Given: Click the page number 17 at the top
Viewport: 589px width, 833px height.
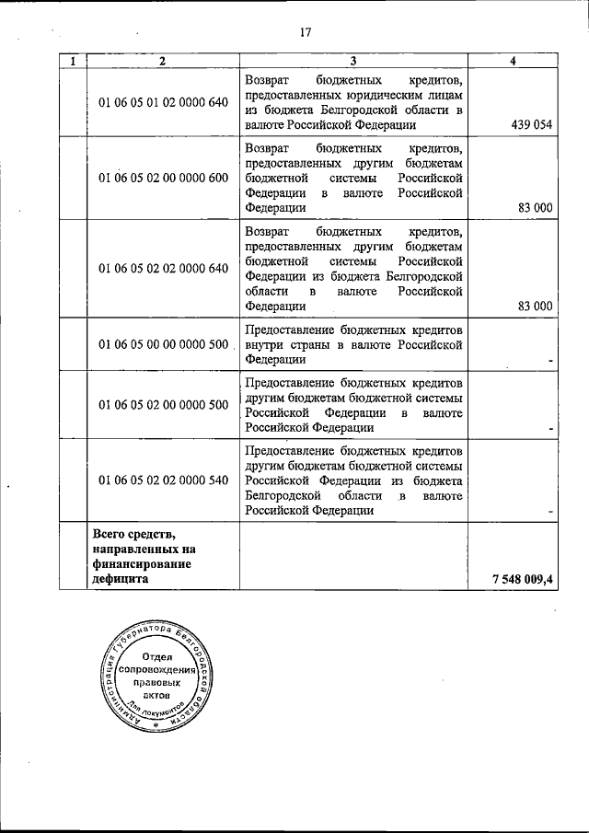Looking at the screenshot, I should tap(306, 34).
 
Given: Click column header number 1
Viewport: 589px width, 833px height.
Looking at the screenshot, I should tap(73, 62).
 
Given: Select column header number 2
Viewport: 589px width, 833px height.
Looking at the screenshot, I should tap(162, 62).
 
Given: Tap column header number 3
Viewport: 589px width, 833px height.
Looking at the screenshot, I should tap(353, 62).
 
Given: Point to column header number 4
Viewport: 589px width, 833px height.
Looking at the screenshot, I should tap(513, 62).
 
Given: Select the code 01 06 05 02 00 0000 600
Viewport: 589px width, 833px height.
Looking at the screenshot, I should tap(163, 178).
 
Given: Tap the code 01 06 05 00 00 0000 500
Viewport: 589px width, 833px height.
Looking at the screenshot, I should tap(163, 344).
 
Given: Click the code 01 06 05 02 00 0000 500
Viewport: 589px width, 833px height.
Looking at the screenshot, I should tap(163, 404).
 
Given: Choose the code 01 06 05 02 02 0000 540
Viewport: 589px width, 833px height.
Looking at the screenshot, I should tap(163, 480).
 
